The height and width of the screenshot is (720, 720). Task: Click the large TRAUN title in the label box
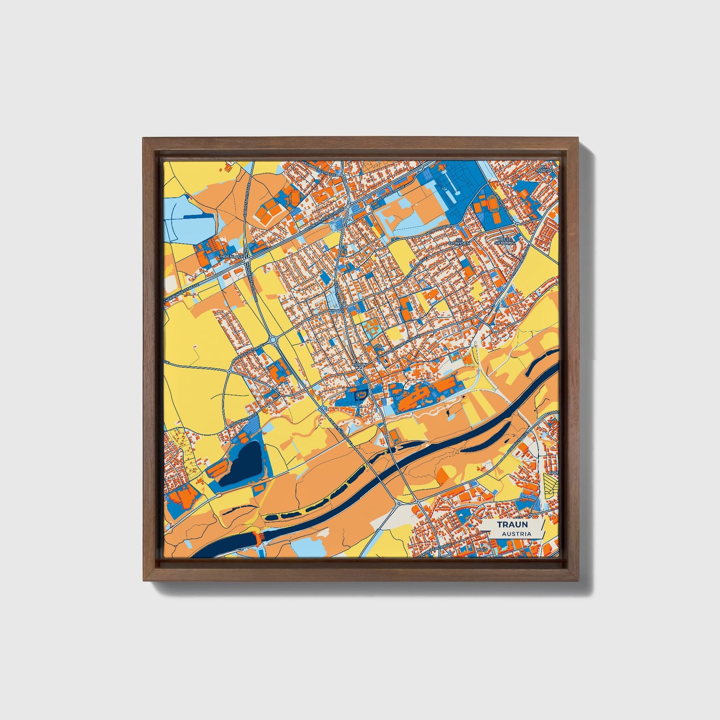click(512, 525)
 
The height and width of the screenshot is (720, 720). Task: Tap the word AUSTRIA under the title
click(516, 534)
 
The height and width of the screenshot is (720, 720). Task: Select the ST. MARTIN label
click(544, 168)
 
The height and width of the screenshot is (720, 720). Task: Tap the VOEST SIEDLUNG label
click(505, 241)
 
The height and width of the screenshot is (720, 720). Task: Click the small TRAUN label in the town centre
click(360, 365)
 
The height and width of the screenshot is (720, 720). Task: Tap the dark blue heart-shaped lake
click(243, 462)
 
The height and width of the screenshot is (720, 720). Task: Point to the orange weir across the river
click(258, 538)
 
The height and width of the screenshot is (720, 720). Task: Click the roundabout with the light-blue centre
click(273, 340)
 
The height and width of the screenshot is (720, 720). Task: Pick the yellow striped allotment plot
click(551, 484)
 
